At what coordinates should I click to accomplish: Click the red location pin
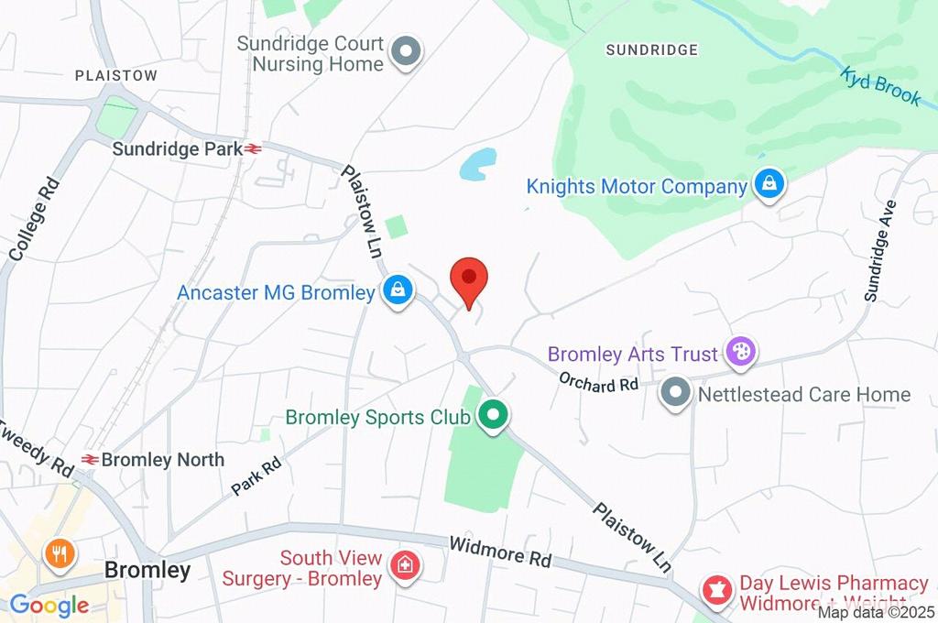(470, 278)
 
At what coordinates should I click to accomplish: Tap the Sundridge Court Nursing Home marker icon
(406, 52)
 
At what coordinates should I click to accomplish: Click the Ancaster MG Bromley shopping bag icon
(398, 291)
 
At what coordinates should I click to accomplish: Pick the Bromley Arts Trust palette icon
(738, 351)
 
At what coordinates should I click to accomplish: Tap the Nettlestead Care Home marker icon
(676, 394)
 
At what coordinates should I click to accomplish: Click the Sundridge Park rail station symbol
(254, 148)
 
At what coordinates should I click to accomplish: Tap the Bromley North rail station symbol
(90, 459)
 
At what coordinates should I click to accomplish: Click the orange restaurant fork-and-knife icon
(60, 552)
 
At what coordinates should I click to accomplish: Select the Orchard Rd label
(599, 383)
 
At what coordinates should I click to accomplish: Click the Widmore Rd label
(499, 552)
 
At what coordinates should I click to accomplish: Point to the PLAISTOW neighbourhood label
(116, 75)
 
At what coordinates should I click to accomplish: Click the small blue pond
(479, 164)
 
